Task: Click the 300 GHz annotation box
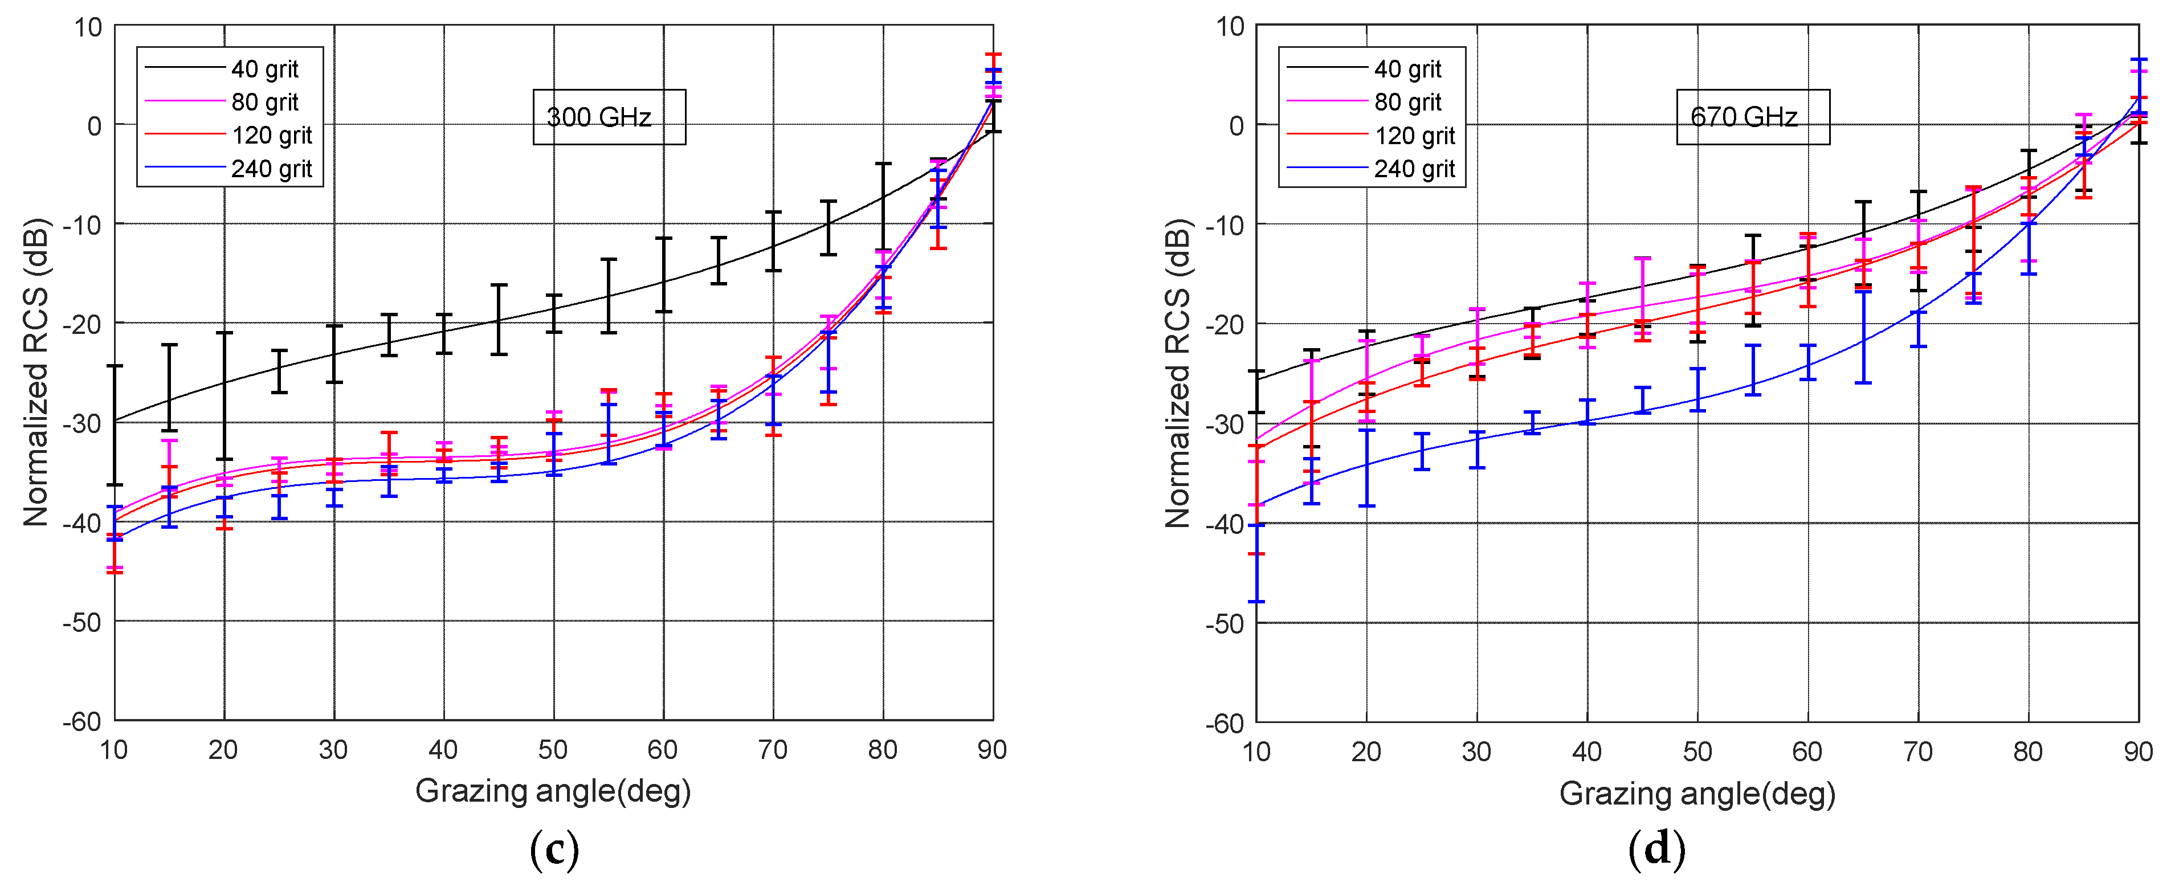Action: click(609, 117)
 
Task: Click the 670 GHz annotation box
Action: click(1752, 117)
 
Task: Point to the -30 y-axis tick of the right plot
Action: click(1225, 424)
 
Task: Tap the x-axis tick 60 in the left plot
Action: click(663, 749)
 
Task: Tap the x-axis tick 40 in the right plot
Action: click(1586, 751)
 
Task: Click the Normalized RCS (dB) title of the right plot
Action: click(1177, 373)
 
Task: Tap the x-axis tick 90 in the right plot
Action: click(2138, 751)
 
